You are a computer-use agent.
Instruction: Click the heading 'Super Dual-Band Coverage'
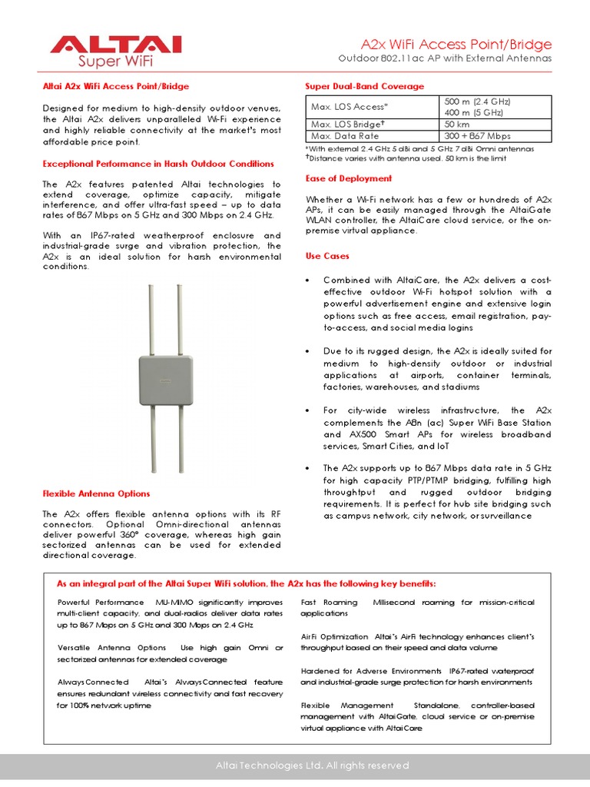click(x=364, y=86)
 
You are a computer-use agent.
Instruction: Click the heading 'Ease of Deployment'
click(x=348, y=178)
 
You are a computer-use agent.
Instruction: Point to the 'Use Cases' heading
click(x=326, y=256)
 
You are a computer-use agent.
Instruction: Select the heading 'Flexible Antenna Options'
click(x=96, y=493)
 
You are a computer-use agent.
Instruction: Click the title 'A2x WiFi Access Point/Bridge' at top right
click(x=456, y=45)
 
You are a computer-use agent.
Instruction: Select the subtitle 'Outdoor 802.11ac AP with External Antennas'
click(x=445, y=59)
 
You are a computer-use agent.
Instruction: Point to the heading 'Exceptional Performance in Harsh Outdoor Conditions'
click(x=158, y=164)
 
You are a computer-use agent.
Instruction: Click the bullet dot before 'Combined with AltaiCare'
click(x=308, y=281)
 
